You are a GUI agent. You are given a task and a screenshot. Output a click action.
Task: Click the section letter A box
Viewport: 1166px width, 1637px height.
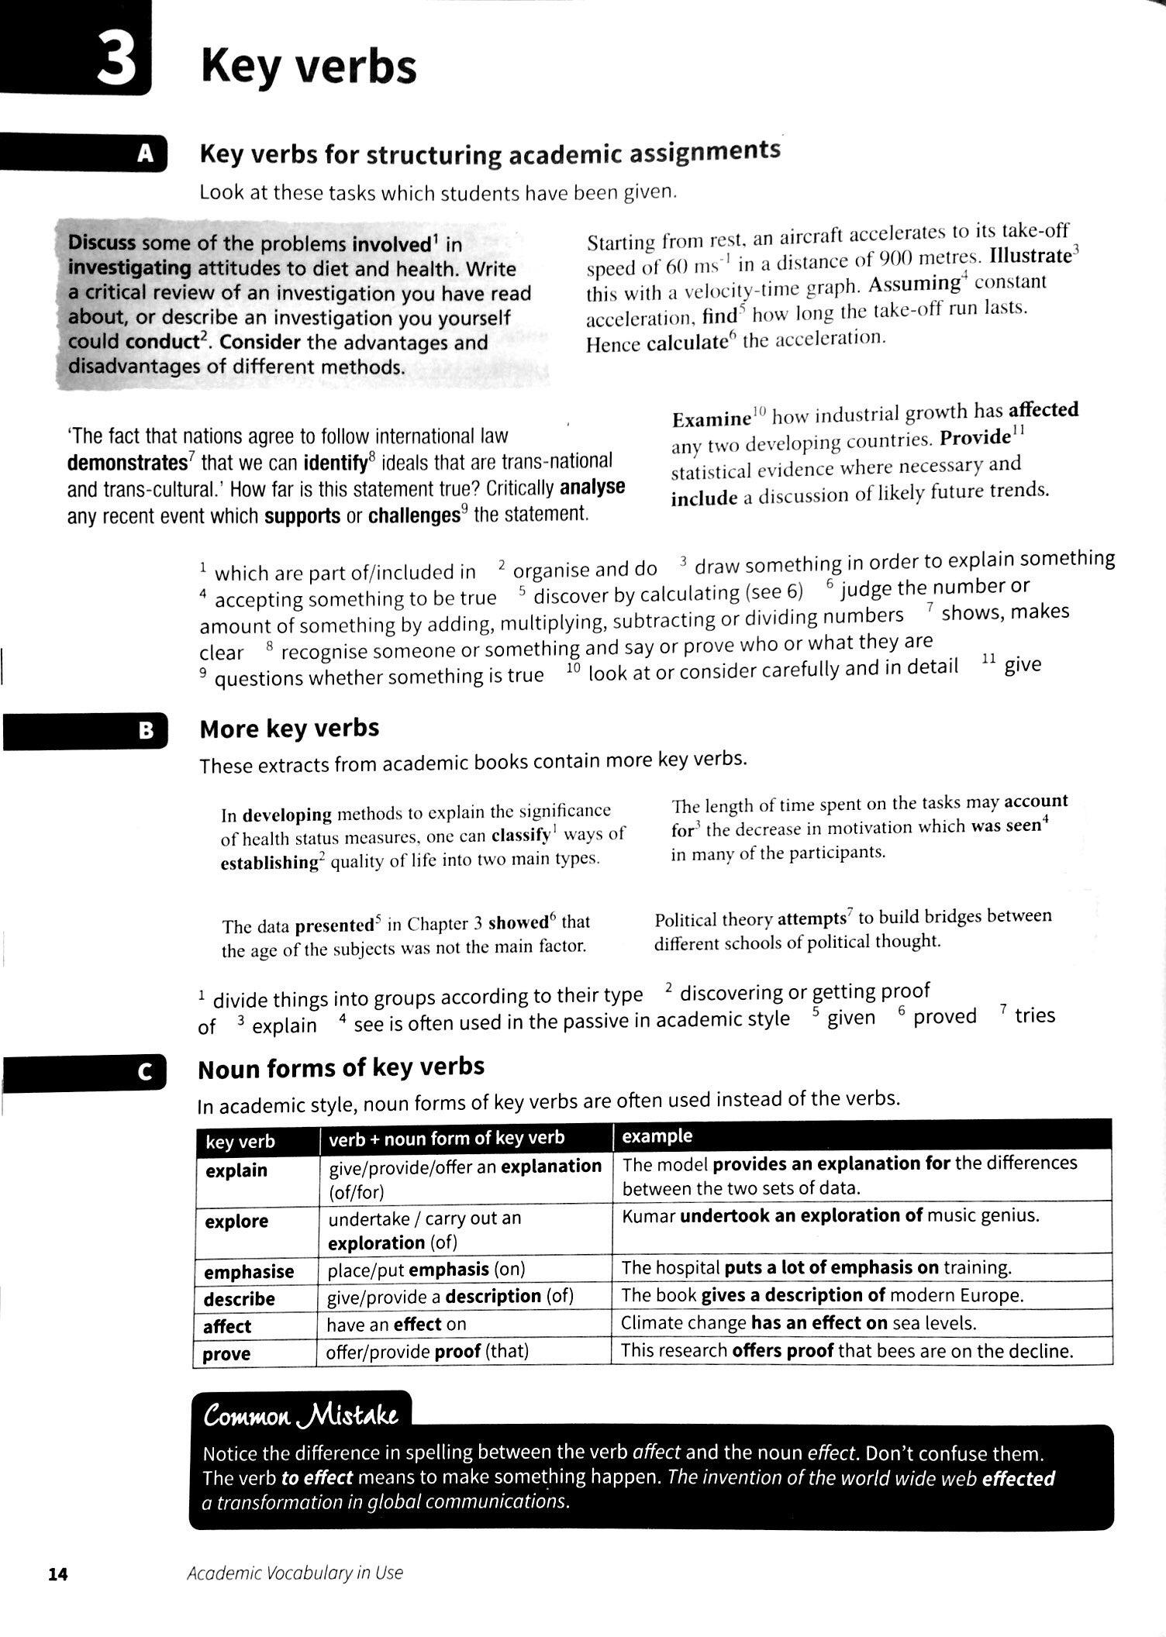(x=146, y=154)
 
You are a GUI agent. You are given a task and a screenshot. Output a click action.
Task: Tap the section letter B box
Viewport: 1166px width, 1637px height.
(x=146, y=731)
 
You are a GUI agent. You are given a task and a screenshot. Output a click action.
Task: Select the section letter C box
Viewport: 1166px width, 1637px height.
(x=144, y=1073)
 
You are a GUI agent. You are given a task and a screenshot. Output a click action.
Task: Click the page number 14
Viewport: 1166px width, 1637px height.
(x=58, y=1573)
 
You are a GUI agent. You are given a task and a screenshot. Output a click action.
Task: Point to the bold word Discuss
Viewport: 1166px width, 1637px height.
(x=102, y=243)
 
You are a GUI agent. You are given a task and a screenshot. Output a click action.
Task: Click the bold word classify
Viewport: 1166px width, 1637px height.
(x=520, y=836)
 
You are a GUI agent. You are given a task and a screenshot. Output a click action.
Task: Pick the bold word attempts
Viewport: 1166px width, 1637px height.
(x=811, y=918)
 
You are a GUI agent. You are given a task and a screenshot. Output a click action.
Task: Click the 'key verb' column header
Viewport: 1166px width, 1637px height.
(x=240, y=1142)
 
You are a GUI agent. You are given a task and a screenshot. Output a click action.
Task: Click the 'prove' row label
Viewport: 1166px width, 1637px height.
(x=226, y=1354)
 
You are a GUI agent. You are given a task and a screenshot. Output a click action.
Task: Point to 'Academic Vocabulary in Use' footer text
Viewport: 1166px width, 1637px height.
(x=295, y=1573)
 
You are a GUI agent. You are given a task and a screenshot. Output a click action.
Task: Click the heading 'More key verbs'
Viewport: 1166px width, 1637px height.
(x=289, y=729)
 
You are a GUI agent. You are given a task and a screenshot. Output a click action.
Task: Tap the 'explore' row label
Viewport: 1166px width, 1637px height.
(x=236, y=1222)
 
